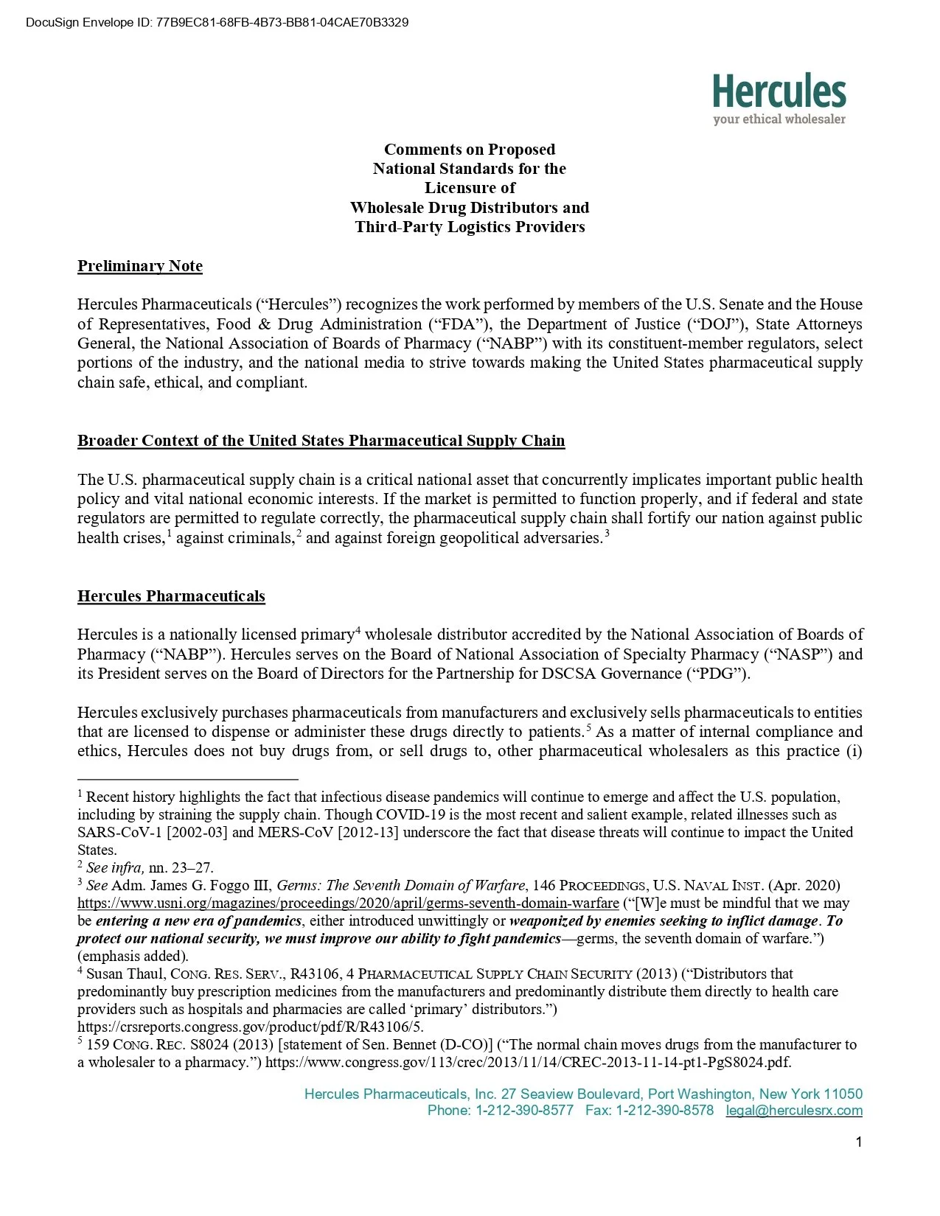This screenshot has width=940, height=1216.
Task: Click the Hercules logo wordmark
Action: (x=779, y=91)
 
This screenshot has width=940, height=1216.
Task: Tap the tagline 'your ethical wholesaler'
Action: (x=779, y=119)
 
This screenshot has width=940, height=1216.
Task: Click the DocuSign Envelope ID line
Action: (x=217, y=22)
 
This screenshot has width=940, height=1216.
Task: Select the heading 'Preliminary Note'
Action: (x=140, y=266)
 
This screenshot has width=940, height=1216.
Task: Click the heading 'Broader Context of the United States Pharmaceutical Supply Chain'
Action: (x=321, y=441)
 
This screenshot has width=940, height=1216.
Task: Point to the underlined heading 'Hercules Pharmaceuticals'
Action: (x=171, y=596)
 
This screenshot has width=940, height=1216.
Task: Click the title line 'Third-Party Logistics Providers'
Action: (x=470, y=227)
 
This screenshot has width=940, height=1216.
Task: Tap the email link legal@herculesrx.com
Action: (x=793, y=1111)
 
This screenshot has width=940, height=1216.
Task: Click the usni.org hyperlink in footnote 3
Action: (x=348, y=904)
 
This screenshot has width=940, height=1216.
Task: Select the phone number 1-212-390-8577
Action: (x=524, y=1111)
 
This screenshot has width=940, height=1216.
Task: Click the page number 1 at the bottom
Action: (x=858, y=1142)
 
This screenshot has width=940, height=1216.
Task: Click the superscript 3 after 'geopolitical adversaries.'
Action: (x=607, y=534)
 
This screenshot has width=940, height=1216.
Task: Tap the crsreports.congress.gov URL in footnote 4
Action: (x=250, y=1027)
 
